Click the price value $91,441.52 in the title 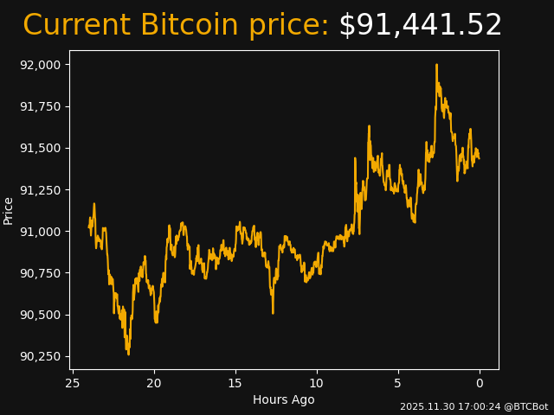click(x=420, y=26)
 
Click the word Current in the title click(x=76, y=26)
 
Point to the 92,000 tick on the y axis click(x=41, y=65)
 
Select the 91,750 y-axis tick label click(x=41, y=106)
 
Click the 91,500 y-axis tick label click(x=41, y=148)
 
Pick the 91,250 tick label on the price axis click(x=41, y=189)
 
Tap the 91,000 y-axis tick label click(x=41, y=231)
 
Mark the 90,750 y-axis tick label click(x=41, y=273)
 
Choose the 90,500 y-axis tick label click(x=41, y=315)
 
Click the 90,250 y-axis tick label click(x=41, y=356)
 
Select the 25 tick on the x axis click(x=73, y=383)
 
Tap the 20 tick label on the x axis click(x=154, y=383)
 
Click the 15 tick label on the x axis click(x=235, y=383)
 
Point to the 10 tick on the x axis click(x=316, y=383)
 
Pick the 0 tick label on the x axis click(x=480, y=383)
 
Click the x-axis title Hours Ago click(x=284, y=399)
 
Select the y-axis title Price click(x=9, y=210)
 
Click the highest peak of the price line click(x=436, y=65)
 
